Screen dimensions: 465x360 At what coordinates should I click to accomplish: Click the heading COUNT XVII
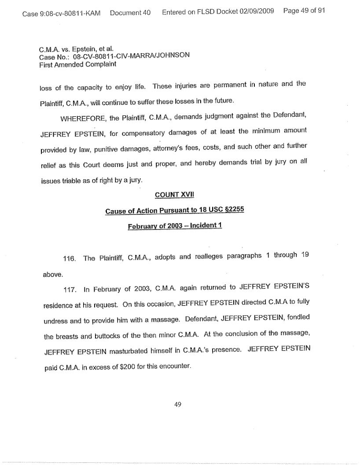(174, 196)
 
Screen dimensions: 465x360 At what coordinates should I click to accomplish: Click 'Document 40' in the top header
(130, 12)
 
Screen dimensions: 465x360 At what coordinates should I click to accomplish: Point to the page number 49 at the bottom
(177, 404)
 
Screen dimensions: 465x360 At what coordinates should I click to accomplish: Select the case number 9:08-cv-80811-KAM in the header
(61, 12)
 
